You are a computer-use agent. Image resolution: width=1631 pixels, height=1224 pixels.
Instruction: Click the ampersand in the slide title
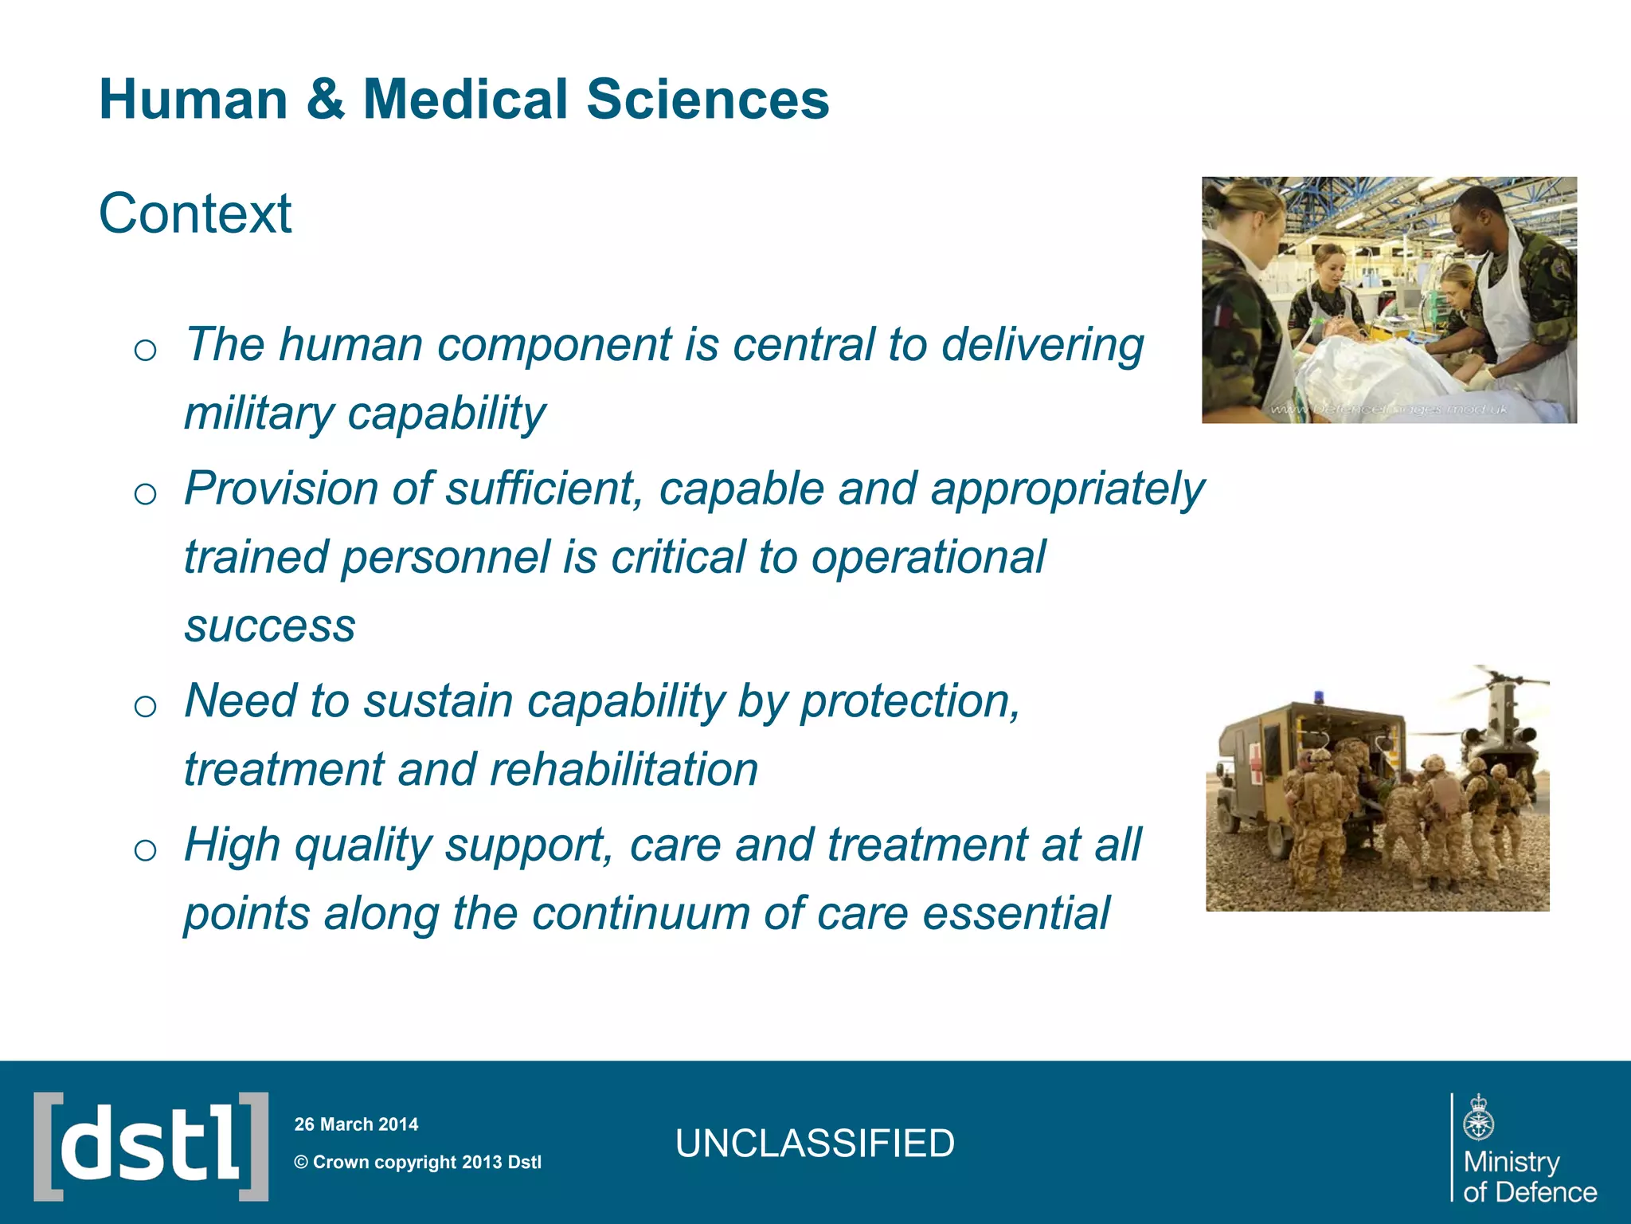325,100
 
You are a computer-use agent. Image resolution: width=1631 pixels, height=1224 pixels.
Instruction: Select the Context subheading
195,214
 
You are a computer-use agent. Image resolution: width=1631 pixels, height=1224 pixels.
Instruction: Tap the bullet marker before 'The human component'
145,350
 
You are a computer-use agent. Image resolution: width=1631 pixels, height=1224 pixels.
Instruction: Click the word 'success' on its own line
270,626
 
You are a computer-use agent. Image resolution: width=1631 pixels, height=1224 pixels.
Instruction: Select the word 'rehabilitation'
624,770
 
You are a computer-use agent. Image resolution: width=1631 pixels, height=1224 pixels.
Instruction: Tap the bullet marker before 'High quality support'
145,850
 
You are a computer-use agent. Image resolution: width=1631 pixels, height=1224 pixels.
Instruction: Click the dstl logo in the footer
151,1146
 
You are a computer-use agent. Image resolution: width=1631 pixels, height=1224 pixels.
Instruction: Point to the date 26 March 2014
356,1124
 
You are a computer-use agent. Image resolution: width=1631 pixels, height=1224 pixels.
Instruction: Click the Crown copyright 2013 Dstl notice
418,1162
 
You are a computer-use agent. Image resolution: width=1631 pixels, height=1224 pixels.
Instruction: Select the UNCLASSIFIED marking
815,1144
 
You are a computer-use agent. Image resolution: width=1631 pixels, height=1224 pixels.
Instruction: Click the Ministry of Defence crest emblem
1479,1118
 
